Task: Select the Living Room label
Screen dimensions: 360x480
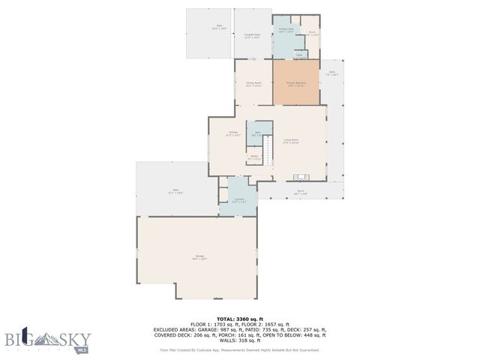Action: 290,140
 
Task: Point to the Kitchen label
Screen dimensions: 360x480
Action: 232,134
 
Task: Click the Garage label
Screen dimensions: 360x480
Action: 200,257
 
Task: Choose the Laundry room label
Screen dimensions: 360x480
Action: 238,201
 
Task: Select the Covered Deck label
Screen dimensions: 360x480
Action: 252,34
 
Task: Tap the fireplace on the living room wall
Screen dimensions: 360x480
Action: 301,178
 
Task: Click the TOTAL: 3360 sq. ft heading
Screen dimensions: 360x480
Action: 240,318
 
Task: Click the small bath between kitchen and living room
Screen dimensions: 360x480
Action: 259,133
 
